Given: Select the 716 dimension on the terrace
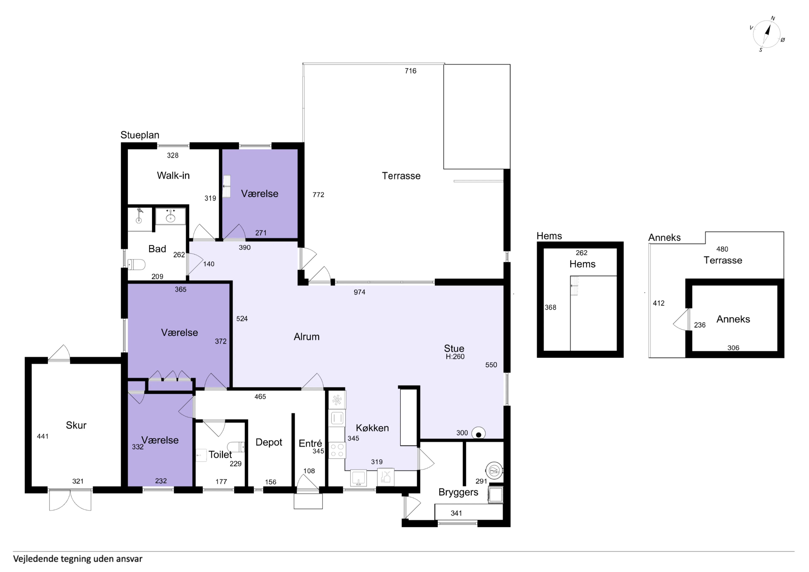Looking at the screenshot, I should pos(410,71).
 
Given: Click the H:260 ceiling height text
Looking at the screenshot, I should pos(455,357).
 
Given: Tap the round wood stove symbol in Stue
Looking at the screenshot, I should pos(478,434).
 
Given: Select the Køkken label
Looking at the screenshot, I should pos(372,428).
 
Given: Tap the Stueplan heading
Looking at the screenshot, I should pos(140,135).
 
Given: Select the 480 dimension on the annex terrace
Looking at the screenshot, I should pos(722,249).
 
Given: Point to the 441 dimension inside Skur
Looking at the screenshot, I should pos(43,436).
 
